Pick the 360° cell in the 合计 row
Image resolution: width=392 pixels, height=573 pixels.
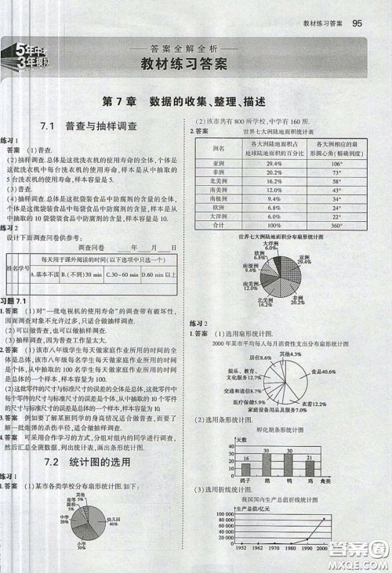click(x=337, y=224)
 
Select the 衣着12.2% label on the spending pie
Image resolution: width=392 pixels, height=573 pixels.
click(x=314, y=404)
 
